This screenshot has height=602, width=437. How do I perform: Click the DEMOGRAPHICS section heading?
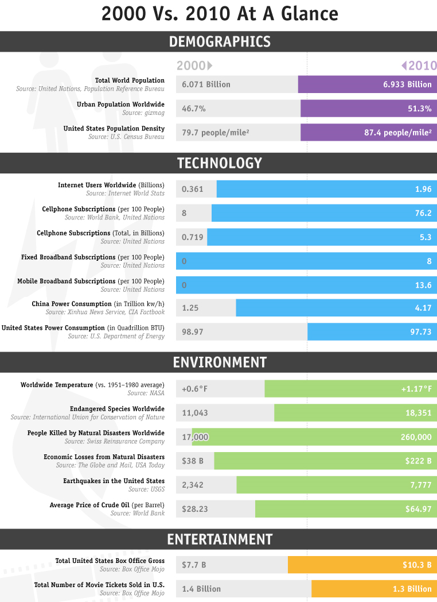point(220,41)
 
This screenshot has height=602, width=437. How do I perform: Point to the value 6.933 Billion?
point(407,84)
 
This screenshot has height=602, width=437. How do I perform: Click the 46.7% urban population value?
point(194,109)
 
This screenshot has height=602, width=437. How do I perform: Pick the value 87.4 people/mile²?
point(398,133)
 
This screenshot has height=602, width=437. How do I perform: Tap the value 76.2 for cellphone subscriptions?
point(423,213)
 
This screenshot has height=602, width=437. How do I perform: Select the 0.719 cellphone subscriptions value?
point(193,237)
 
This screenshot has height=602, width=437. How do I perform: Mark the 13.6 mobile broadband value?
point(423,285)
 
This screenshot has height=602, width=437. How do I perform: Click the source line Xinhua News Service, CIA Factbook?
point(105,312)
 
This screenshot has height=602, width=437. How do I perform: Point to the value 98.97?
point(193,331)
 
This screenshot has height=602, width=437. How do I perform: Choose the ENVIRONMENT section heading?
point(220,362)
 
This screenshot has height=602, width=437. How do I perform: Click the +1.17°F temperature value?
point(416,389)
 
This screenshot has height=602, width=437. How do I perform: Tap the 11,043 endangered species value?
point(195,413)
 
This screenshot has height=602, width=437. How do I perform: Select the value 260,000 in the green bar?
point(416,437)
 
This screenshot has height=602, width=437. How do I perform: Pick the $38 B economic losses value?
point(193,461)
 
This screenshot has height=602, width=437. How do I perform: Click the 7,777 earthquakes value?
point(421,485)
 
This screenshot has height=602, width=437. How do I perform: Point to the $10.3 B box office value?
point(417,565)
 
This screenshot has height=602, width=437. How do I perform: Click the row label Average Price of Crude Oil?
point(89,505)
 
